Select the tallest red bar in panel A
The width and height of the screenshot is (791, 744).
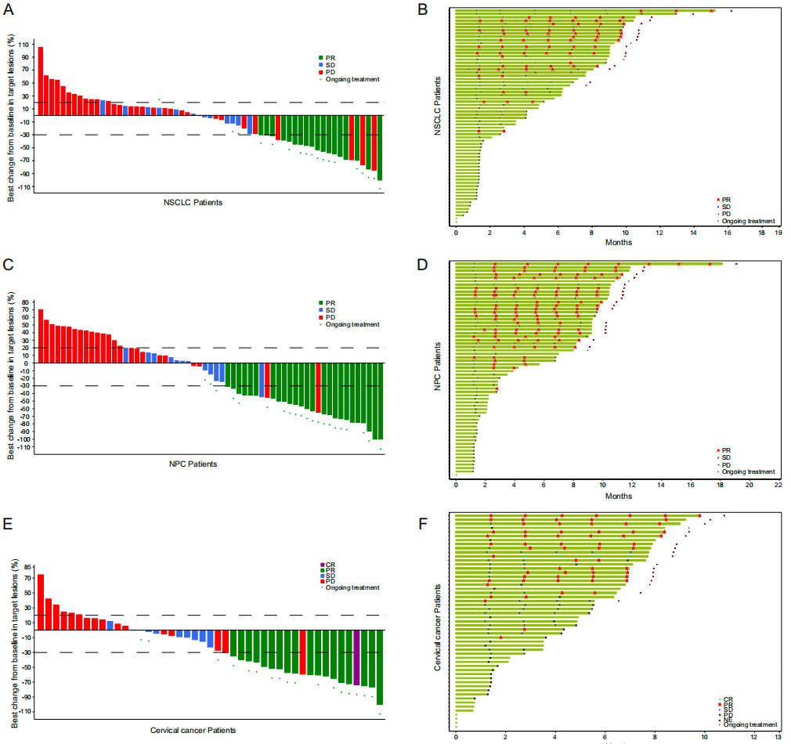(40, 80)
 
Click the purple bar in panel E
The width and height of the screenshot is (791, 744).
(356, 657)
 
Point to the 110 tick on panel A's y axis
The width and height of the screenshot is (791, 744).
(27, 44)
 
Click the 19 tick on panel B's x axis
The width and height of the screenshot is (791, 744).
(778, 233)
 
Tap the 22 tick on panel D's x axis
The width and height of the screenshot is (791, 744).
(778, 485)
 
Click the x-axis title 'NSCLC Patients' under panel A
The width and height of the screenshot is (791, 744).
(192, 203)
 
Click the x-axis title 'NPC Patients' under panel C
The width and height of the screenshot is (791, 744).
(193, 464)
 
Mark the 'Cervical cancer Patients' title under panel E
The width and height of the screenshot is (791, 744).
(192, 730)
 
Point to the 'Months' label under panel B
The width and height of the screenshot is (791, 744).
(618, 242)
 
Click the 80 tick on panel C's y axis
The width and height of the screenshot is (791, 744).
(27, 302)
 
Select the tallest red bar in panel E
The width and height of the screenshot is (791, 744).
(40, 601)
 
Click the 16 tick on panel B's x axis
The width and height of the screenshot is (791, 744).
(728, 233)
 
